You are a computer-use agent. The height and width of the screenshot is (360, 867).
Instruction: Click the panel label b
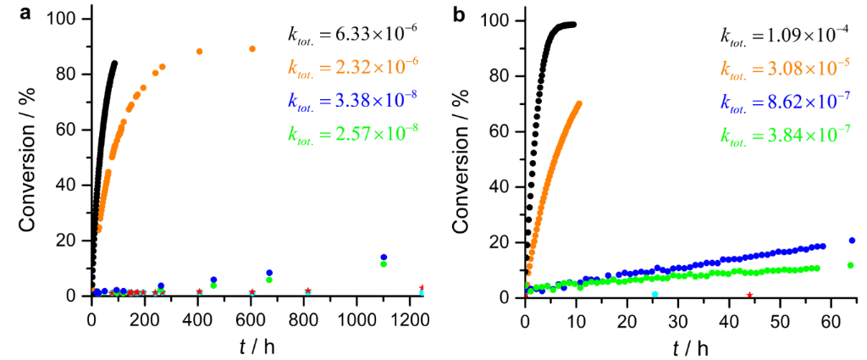(458, 13)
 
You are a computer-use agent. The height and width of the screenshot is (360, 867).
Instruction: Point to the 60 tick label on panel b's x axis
(831, 321)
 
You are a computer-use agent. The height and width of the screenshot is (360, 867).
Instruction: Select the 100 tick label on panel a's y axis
(67, 19)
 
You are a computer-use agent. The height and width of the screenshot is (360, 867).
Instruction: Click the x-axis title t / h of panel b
(692, 346)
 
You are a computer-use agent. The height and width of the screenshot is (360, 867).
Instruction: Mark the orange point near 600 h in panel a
(252, 48)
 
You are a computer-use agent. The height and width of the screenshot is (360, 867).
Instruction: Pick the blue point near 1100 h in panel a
(384, 258)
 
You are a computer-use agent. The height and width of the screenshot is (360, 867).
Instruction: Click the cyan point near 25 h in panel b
(654, 295)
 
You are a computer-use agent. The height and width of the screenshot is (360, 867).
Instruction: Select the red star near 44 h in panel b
(749, 295)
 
